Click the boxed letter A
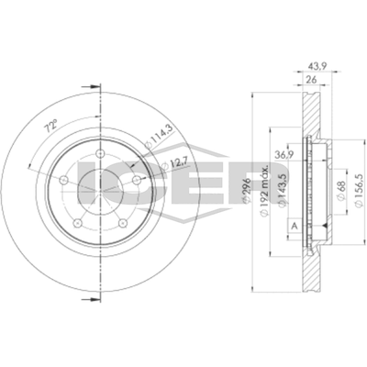point(294,227)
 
